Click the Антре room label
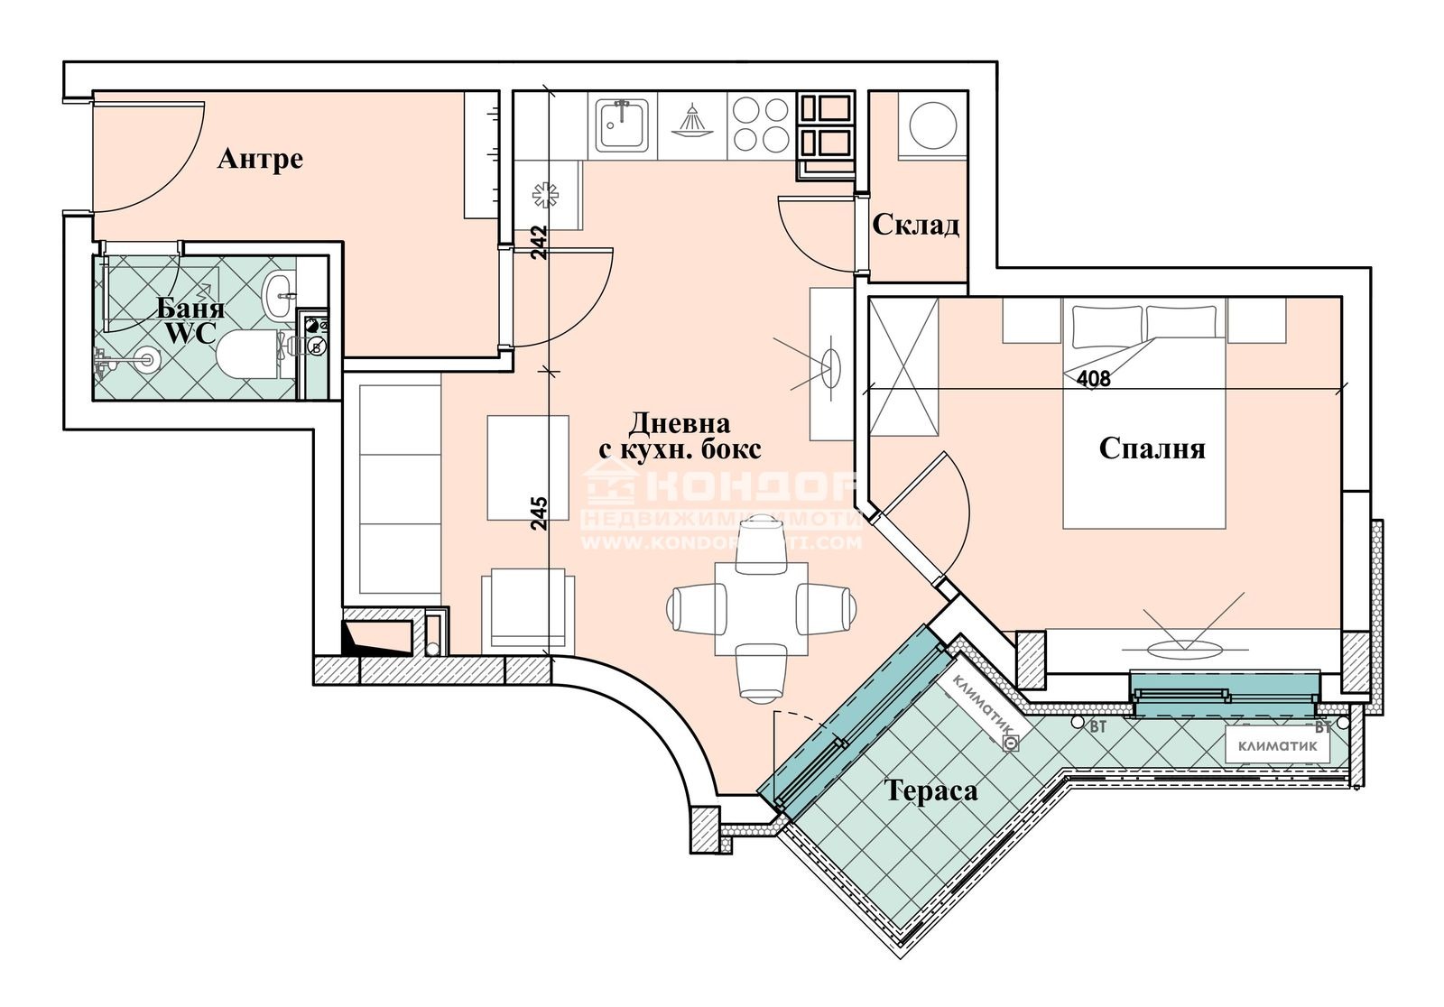click(x=260, y=160)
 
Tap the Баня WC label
click(x=190, y=320)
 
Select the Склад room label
click(x=915, y=225)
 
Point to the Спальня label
click(x=1152, y=448)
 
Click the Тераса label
click(x=931, y=791)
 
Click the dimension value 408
click(x=1094, y=379)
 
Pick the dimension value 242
click(x=539, y=242)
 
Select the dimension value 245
click(x=539, y=513)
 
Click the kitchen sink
click(x=623, y=126)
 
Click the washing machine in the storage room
click(x=933, y=125)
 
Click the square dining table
click(x=761, y=609)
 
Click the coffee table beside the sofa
click(x=528, y=467)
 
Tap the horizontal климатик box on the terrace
click(x=1276, y=745)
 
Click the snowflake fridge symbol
click(x=546, y=194)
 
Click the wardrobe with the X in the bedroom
click(x=903, y=367)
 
